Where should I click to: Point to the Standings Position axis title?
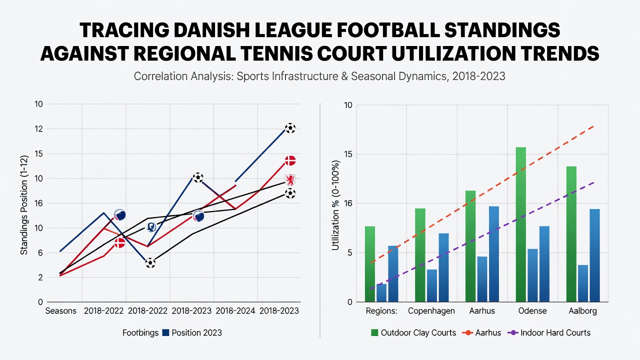[x=24, y=205]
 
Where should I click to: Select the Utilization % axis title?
[x=335, y=205]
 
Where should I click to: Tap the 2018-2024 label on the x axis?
[x=235, y=311]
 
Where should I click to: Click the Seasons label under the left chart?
[x=61, y=311]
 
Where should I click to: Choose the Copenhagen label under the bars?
[x=431, y=311]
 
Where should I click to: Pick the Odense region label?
[x=532, y=311]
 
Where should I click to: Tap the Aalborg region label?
[x=582, y=311]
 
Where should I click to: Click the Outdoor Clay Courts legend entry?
[x=413, y=333]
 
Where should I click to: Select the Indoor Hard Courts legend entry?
[x=549, y=333]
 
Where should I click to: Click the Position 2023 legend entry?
[x=192, y=333]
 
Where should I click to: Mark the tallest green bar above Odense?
[x=521, y=224]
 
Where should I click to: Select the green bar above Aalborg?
[x=571, y=234]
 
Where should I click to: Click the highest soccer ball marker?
[x=290, y=128]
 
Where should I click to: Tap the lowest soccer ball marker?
[x=150, y=263]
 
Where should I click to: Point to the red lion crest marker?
[x=290, y=180]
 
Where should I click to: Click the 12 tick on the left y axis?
[x=38, y=129]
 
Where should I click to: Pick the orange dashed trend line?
[x=482, y=194]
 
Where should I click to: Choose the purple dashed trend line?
[x=482, y=235]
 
